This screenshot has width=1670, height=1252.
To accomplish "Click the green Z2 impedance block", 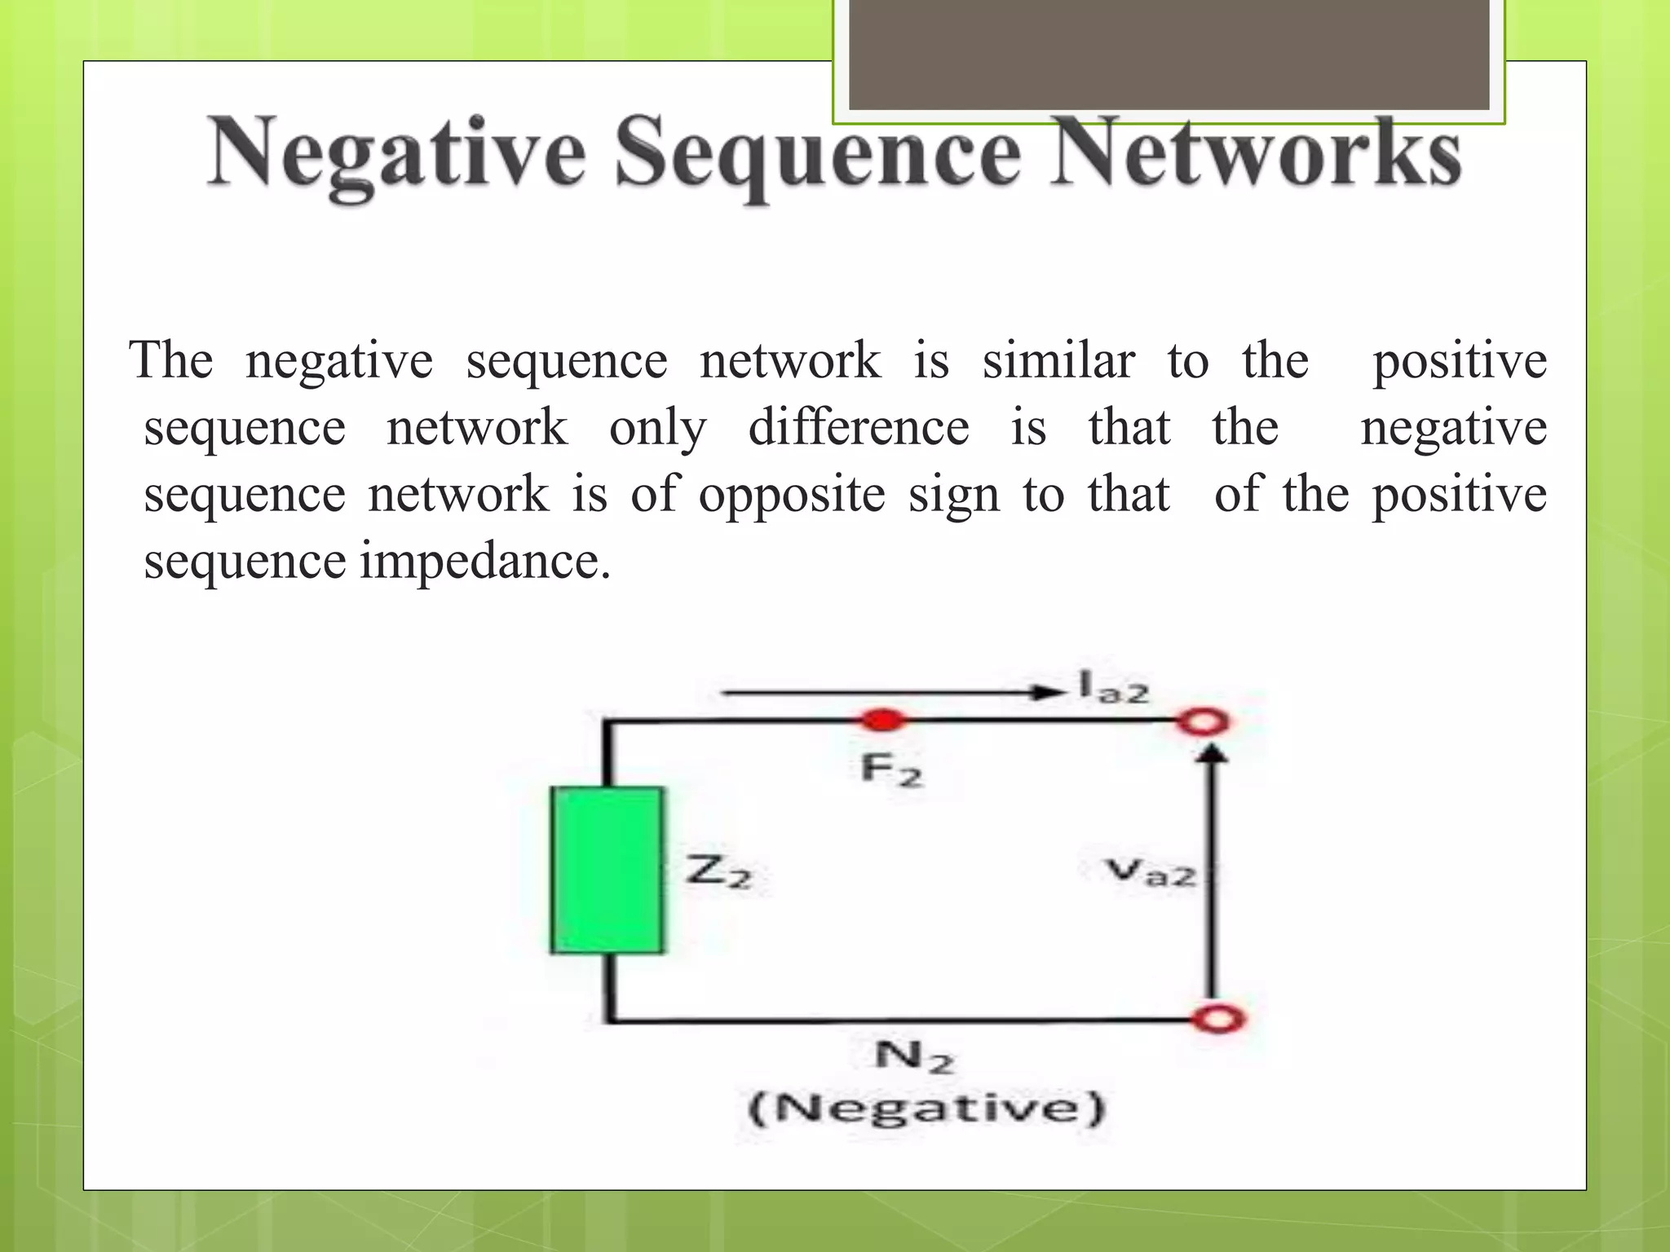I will (x=607, y=870).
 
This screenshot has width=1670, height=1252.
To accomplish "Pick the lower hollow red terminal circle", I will (x=1217, y=1019).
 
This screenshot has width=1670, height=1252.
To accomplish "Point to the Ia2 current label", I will (x=1112, y=687).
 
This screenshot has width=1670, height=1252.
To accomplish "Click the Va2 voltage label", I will (x=1151, y=872).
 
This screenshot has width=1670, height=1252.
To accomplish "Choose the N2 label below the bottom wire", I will (x=913, y=1057).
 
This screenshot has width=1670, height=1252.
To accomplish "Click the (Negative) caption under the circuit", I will (x=926, y=1109).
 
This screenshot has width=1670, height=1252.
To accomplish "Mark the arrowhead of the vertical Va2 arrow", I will (x=1214, y=756).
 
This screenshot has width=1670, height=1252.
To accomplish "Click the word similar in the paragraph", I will (x=1058, y=360).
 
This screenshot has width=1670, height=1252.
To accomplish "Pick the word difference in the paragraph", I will (x=859, y=427).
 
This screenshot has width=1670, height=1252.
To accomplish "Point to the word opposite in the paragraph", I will (x=791, y=494).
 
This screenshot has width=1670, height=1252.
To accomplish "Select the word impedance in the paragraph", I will (x=485, y=561).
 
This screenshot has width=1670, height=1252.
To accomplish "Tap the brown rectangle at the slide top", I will (x=1169, y=54).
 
